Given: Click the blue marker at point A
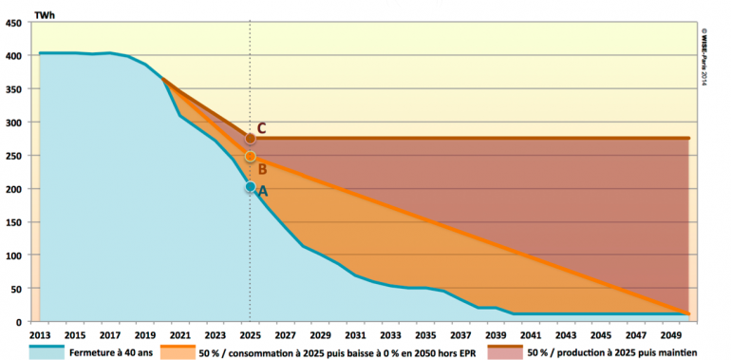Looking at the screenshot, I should tap(251, 187).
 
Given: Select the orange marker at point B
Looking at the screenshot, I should tap(251, 156).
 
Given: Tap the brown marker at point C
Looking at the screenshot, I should tap(251, 139).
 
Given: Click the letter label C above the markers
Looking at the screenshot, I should tap(261, 126).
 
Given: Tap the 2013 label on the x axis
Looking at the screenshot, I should tap(40, 334).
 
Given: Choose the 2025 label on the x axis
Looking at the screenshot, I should tap(251, 334).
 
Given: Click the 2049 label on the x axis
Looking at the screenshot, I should tap(672, 334).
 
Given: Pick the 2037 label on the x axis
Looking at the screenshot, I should tap(461, 334).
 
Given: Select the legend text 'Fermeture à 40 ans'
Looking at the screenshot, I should tap(119, 351).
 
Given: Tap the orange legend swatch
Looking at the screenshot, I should tap(178, 351).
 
